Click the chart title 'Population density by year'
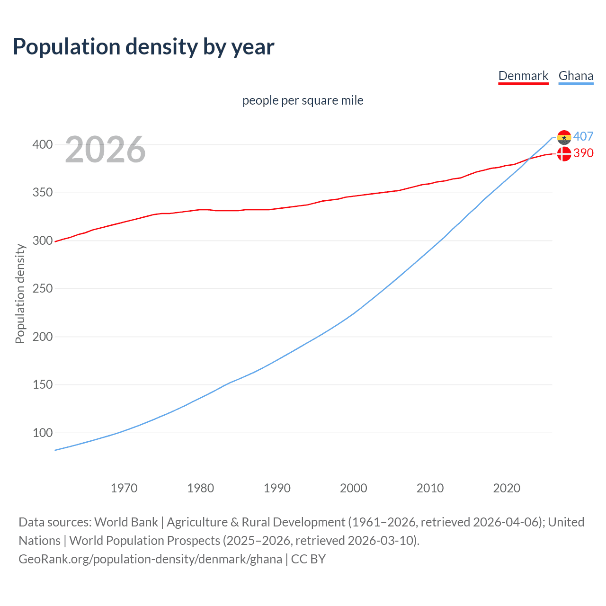point(143,47)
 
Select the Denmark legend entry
point(523,76)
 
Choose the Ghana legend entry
point(576,76)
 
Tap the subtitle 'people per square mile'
point(303,100)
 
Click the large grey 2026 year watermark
point(105,150)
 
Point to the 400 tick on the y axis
point(43,144)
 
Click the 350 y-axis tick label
point(43,193)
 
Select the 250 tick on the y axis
point(43,289)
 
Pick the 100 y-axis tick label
point(43,433)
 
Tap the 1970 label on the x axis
point(124,488)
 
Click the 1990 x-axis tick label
point(277,488)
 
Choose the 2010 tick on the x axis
point(430,488)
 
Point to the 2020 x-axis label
point(507,488)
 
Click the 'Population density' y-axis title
point(20,294)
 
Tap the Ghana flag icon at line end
point(564,137)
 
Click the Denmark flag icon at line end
point(564,154)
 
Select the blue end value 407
point(583,136)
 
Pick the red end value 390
point(583,153)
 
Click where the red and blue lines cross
point(528,160)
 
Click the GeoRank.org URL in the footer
point(150,559)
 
